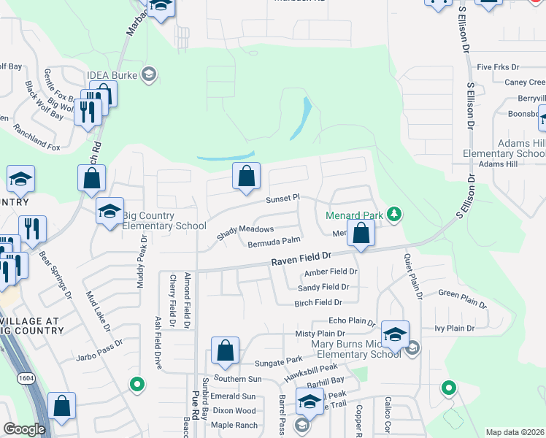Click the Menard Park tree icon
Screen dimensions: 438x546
(x=395, y=213)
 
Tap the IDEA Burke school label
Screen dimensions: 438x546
(x=115, y=74)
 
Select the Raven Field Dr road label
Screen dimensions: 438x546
(x=301, y=259)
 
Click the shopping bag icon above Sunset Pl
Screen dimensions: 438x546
(x=247, y=176)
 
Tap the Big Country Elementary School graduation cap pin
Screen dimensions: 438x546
(x=110, y=211)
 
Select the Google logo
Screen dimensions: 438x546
(x=23, y=429)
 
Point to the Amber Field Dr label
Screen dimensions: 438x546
(x=331, y=272)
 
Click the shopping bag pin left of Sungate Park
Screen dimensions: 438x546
(x=226, y=351)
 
